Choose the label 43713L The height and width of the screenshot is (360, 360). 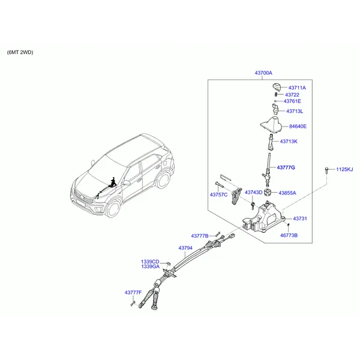[295, 111]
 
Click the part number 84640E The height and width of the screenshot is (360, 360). [298, 127]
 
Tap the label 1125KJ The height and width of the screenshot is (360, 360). [345, 169]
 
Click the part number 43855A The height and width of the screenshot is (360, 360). [286, 193]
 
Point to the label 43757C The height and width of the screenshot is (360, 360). [218, 195]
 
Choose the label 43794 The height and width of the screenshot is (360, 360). [185, 247]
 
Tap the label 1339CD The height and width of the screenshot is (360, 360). [150, 262]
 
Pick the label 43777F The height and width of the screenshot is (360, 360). [133, 292]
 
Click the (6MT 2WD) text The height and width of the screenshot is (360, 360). [20, 52]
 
